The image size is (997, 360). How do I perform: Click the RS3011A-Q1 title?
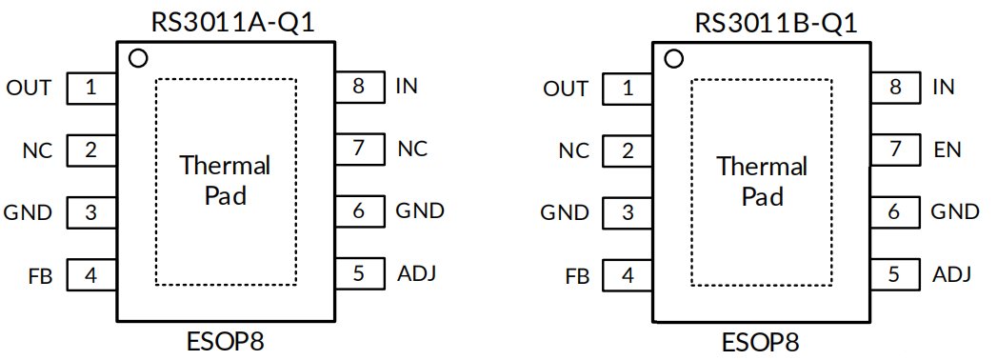pyautogui.click(x=232, y=22)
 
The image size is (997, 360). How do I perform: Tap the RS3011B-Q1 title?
pyautogui.click(x=776, y=23)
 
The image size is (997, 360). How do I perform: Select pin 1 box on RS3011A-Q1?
pyautogui.click(x=91, y=88)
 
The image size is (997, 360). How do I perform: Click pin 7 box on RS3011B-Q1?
pyautogui.click(x=896, y=150)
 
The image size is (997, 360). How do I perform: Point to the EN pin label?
pyautogui.click(x=947, y=150)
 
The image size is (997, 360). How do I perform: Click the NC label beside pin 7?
pyautogui.click(x=412, y=149)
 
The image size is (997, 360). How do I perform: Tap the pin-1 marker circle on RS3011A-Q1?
pyautogui.click(x=138, y=58)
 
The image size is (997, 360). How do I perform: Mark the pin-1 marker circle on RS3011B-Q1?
pyautogui.click(x=674, y=59)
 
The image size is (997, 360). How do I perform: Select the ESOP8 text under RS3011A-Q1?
pyautogui.click(x=225, y=342)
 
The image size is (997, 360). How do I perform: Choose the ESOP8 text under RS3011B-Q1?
pyautogui.click(x=761, y=342)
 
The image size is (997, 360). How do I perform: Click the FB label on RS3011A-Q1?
pyautogui.click(x=40, y=277)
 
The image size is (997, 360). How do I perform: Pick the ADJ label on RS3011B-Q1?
pyautogui.click(x=952, y=275)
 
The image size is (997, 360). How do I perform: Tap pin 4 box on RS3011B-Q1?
pyautogui.click(x=628, y=276)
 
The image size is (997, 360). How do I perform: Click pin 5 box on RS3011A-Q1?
pyautogui.click(x=360, y=273)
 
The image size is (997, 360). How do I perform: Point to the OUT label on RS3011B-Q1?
pyautogui.click(x=566, y=89)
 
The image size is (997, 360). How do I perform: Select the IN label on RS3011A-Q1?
pyautogui.click(x=407, y=86)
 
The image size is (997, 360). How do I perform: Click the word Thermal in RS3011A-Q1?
pyautogui.click(x=225, y=166)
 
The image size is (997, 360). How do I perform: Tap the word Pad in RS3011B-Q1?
pyautogui.click(x=762, y=196)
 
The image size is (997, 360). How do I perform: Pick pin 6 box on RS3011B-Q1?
pyautogui.click(x=896, y=211)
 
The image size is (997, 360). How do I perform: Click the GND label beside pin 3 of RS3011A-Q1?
pyautogui.click(x=28, y=212)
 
